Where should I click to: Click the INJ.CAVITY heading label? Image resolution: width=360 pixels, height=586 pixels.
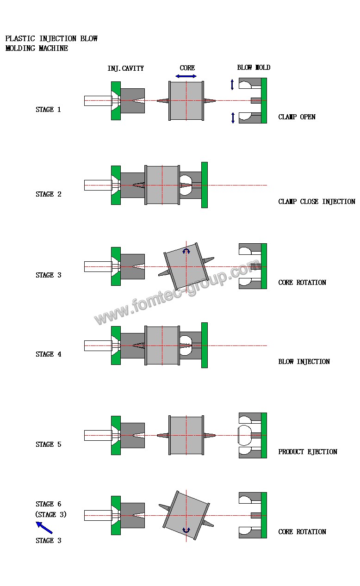click(125, 68)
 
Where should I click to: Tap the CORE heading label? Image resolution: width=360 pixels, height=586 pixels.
click(187, 68)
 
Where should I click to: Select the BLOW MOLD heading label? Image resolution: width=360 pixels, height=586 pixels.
click(254, 68)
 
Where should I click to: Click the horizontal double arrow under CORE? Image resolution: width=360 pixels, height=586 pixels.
click(186, 76)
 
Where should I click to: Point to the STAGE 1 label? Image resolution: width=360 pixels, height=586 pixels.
click(48, 110)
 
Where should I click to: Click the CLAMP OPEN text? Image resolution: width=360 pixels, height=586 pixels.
click(297, 117)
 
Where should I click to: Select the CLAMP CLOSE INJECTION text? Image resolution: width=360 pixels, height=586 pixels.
click(317, 202)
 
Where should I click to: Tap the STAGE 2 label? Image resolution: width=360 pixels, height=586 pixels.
click(48, 194)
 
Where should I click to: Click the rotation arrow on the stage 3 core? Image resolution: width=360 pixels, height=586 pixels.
click(186, 251)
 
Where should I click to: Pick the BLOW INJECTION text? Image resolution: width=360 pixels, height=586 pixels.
click(304, 362)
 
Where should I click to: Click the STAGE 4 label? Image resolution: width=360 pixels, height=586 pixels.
click(48, 354)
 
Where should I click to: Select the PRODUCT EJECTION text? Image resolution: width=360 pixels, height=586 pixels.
click(308, 452)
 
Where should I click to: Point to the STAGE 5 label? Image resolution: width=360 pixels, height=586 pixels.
click(48, 444)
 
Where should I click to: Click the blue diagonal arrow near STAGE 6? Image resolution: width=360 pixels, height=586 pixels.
click(44, 527)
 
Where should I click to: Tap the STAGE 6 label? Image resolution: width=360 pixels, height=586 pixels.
click(48, 504)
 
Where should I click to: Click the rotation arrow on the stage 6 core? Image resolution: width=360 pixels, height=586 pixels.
click(186, 530)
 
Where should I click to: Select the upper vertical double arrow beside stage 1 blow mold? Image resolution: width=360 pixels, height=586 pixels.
click(233, 85)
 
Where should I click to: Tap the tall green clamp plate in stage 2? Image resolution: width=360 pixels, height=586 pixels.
click(205, 185)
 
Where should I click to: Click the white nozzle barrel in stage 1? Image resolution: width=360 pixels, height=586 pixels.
click(98, 100)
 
